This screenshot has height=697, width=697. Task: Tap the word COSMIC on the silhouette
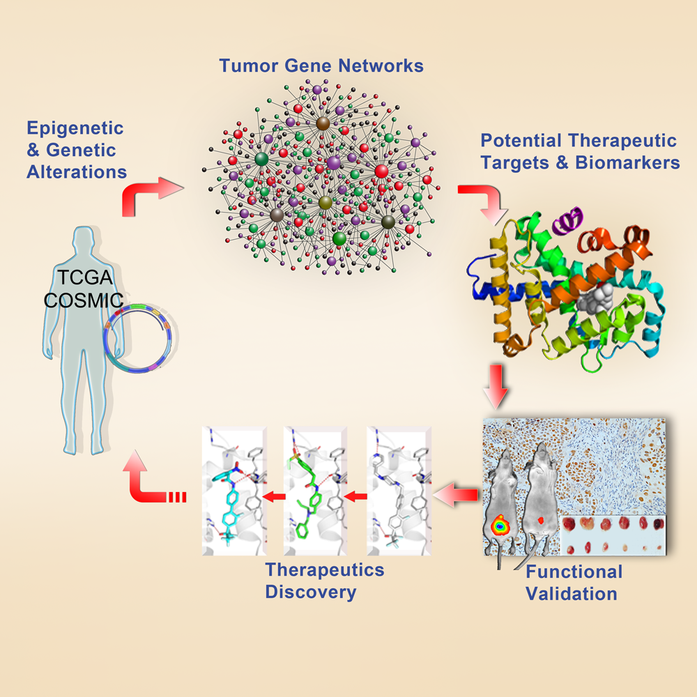click(81, 301)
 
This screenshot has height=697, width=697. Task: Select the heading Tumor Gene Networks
click(321, 66)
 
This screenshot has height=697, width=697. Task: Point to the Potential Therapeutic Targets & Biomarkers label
click(578, 152)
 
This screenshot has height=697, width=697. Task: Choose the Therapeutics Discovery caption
click(324, 581)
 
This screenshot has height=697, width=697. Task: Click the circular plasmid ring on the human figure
click(139, 337)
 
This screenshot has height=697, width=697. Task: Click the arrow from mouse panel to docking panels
click(457, 496)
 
